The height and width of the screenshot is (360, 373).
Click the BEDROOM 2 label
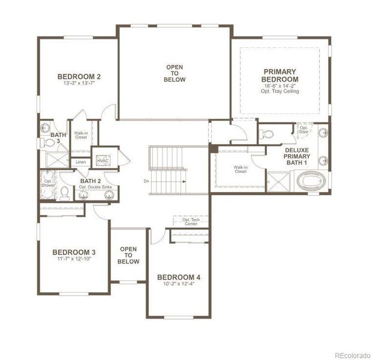(79, 76)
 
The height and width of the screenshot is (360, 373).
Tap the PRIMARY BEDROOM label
(280, 75)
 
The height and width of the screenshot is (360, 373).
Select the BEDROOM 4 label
(179, 277)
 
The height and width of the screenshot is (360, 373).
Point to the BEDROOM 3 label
(74, 251)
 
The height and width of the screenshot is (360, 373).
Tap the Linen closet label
(80, 162)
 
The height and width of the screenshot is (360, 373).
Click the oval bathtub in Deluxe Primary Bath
(310, 179)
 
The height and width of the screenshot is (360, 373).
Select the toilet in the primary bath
(268, 133)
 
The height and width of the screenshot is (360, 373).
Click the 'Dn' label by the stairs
(146, 180)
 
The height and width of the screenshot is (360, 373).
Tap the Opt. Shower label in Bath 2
(48, 183)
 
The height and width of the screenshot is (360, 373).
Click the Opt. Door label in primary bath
(303, 130)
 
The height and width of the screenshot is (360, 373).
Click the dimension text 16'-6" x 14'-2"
(280, 86)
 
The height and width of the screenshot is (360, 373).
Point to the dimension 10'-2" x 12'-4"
(179, 284)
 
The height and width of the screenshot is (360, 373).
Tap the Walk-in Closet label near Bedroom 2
(80, 135)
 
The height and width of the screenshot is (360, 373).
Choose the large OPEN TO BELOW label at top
(175, 73)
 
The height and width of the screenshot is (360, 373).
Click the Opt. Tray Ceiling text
(280, 91)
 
